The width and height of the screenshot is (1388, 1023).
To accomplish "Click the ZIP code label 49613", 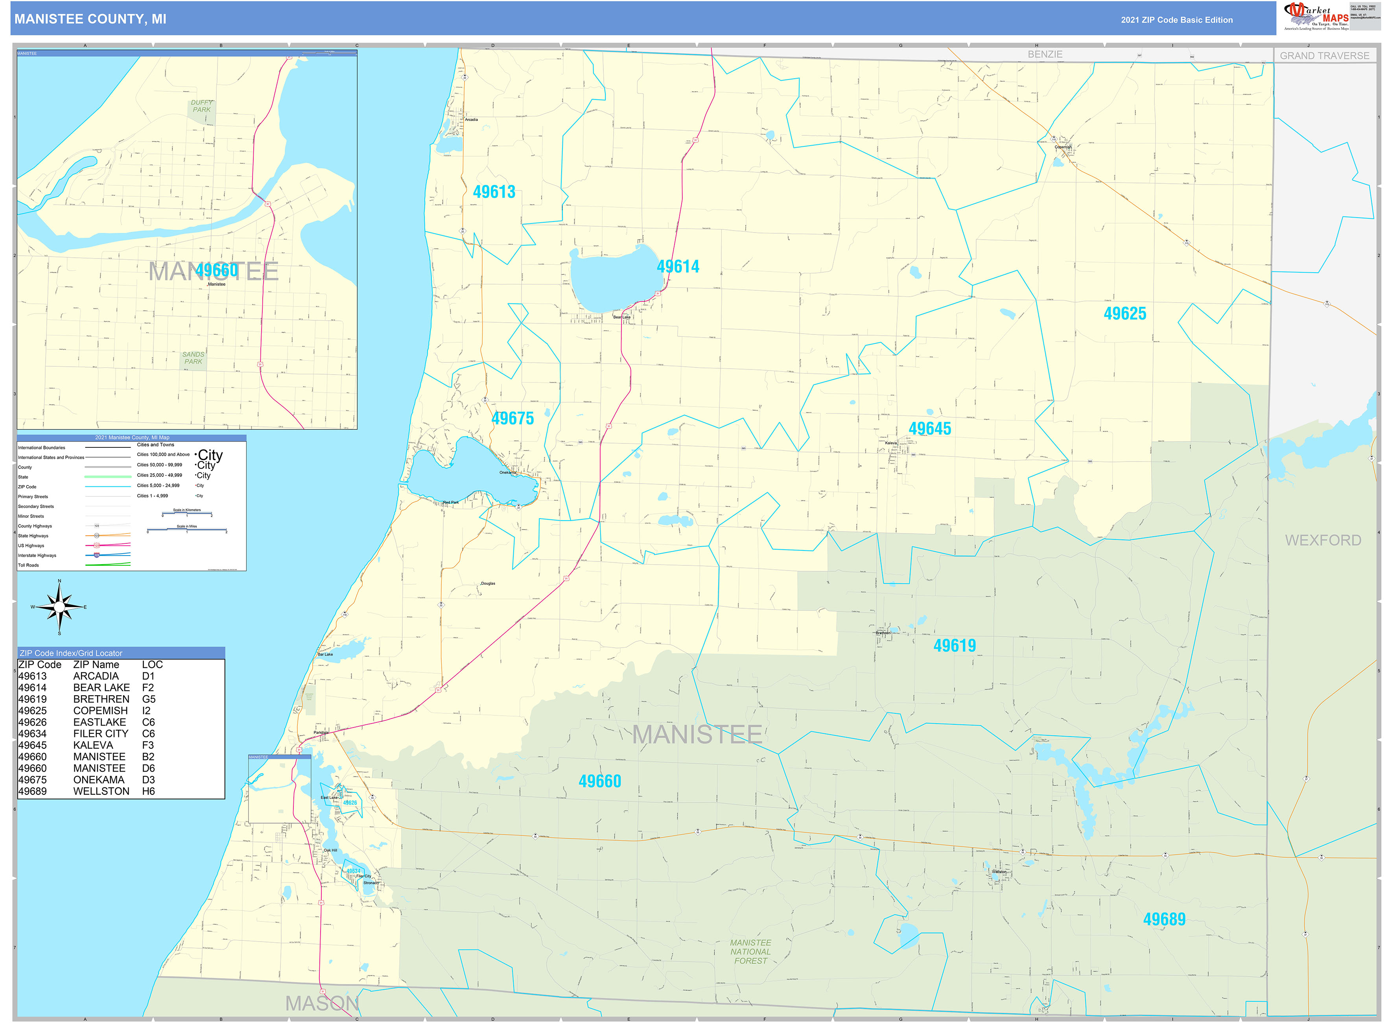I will click(494, 192).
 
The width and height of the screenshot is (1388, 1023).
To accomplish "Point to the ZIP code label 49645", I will click(929, 428).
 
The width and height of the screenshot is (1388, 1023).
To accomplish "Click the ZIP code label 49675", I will click(512, 419).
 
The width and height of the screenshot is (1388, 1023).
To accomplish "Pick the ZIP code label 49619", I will click(954, 646).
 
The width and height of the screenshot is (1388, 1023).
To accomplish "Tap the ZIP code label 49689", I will click(1164, 920).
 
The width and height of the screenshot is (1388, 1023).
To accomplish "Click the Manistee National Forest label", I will click(750, 952).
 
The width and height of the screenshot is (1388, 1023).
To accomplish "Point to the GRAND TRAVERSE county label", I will click(1324, 56).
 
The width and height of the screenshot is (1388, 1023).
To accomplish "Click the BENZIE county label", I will click(1045, 54).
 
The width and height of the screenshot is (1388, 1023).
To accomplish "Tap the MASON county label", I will click(322, 1003).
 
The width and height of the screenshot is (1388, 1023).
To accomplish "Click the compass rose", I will click(59, 607).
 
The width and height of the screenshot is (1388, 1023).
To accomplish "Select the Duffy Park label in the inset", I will click(201, 106).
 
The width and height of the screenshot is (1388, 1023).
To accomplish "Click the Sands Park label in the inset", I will click(193, 358).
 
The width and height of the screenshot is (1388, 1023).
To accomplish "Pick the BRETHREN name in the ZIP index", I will click(101, 699).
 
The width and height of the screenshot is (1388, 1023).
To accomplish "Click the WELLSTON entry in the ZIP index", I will click(101, 791).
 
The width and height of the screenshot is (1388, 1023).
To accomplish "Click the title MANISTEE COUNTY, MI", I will click(90, 19).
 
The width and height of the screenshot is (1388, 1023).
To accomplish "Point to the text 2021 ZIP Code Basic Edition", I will click(1176, 20).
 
